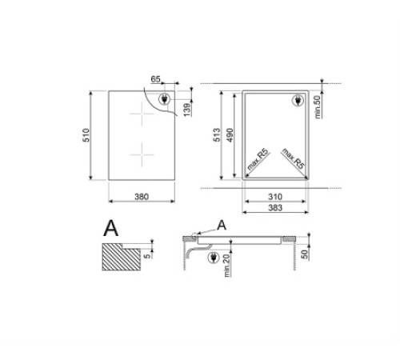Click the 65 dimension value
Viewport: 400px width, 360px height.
(155, 79)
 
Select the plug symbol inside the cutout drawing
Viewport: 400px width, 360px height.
(294, 102)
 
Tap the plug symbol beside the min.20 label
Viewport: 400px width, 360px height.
(213, 258)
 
